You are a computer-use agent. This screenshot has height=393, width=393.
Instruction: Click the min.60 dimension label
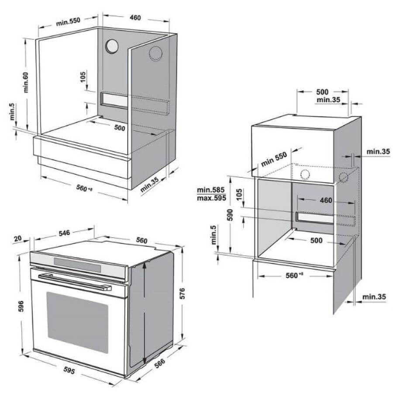(26, 83)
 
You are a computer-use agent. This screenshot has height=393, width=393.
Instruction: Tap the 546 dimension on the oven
(64, 233)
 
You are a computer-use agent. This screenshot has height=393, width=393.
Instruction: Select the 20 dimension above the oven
(18, 238)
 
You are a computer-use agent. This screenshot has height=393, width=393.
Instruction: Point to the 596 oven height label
(21, 306)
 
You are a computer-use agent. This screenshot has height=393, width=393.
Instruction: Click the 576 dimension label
(183, 293)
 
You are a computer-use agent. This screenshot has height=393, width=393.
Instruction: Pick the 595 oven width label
(69, 370)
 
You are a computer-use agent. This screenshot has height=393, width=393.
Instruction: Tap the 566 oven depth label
(160, 363)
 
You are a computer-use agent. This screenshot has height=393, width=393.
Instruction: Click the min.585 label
(210, 190)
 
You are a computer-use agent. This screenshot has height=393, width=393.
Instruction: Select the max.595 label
(211, 198)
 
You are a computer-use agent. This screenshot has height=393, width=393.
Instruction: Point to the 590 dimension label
(230, 215)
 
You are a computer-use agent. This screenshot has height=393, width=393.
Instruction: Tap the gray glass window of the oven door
(77, 322)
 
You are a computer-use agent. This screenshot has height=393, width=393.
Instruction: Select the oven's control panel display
(77, 265)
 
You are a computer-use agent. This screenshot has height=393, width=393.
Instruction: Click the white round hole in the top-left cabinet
(111, 46)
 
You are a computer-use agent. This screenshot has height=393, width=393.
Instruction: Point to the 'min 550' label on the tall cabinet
(274, 159)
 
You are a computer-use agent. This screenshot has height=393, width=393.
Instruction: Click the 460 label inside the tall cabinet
(326, 200)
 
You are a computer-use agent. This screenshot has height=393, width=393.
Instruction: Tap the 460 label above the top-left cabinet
(135, 18)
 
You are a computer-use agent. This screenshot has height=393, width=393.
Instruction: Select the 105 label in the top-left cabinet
(83, 77)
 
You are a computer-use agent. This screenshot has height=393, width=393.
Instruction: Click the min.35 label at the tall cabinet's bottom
(374, 297)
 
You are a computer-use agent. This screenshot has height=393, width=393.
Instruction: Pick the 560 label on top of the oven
(141, 240)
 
